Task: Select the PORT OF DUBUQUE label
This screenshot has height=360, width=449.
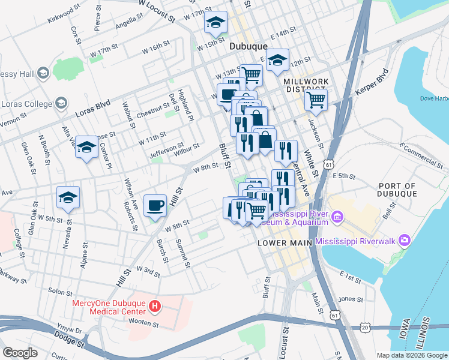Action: point(394,190)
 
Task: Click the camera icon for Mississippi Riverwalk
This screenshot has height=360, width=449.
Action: point(405,240)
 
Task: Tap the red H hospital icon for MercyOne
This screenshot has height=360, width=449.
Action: point(155,307)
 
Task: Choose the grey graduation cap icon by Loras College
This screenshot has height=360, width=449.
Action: point(61,104)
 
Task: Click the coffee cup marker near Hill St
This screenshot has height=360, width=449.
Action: point(155,205)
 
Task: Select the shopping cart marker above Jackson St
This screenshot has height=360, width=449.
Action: point(316,98)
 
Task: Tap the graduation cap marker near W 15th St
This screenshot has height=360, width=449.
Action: point(214,23)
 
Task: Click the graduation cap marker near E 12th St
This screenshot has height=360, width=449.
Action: point(277,60)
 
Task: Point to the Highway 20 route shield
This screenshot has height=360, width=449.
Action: point(365,327)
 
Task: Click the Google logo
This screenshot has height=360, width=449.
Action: point(20,353)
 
